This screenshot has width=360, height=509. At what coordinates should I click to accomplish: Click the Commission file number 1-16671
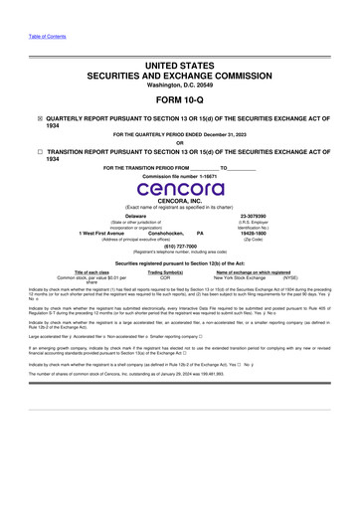coord(179,174)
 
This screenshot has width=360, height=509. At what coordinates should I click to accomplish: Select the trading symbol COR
coord(166,277)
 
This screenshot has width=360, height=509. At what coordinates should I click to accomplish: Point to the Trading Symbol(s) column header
coord(166,271)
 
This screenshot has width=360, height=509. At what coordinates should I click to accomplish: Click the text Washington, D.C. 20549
coord(179,71)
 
